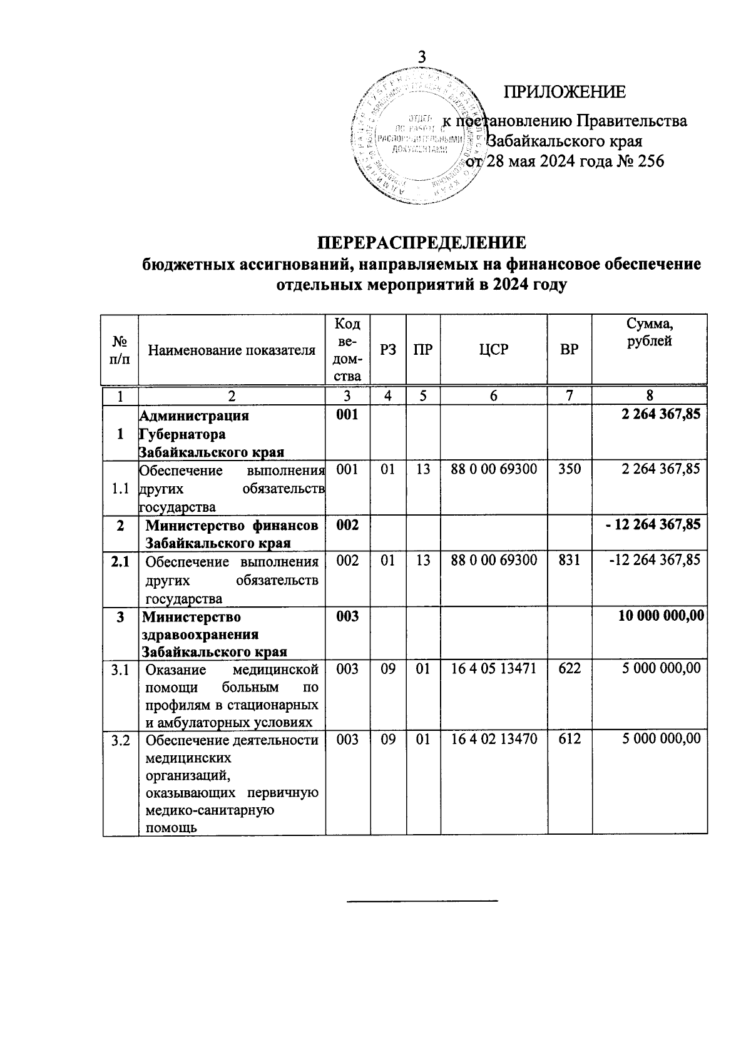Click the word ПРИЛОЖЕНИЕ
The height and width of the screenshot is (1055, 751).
coord(565,92)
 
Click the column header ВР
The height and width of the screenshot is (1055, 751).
coord(570,350)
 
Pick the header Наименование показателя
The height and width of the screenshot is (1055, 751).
coord(232,350)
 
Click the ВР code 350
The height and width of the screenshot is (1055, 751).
coord(570,469)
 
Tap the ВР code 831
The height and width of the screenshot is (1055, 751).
coord(570,559)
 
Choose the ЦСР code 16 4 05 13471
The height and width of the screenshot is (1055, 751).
coord(494,668)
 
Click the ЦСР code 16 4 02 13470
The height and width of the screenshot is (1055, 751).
coord(494,739)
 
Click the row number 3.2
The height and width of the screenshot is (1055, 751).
coord(120,741)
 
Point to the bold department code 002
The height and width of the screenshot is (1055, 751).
coord(347,524)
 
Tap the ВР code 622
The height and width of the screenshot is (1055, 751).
coord(570,668)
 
